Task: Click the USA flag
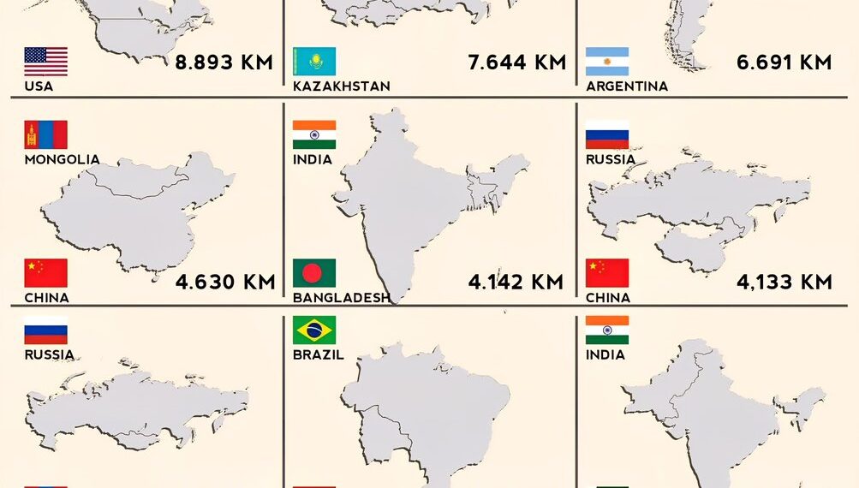tap(45, 62)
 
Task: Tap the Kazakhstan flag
tap(314, 62)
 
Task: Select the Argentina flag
tap(607, 62)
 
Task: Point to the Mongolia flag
tap(45, 135)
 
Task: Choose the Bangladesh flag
tap(314, 273)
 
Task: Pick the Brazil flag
tap(314, 330)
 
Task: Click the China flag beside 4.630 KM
tap(45, 273)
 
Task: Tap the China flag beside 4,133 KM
tap(607, 273)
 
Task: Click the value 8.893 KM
tap(224, 62)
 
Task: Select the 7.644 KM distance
tap(516, 62)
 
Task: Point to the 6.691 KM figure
tap(784, 62)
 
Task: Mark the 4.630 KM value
tap(224, 283)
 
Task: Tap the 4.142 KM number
tap(516, 283)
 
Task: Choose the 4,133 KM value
tap(784, 283)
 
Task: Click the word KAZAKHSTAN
tap(341, 86)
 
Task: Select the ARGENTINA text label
tap(627, 86)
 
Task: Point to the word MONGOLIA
tap(62, 159)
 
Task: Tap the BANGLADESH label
tap(341, 298)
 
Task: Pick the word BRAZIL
tap(319, 354)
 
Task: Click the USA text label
tap(39, 86)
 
